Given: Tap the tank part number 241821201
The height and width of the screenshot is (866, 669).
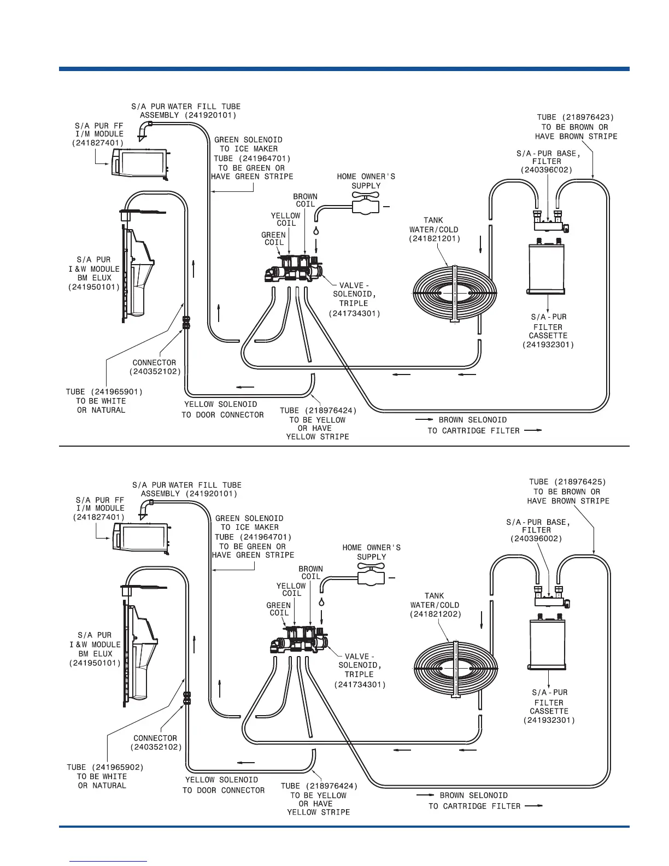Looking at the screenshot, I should click(x=435, y=239).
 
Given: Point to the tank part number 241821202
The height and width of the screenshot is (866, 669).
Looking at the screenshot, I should click(x=436, y=615).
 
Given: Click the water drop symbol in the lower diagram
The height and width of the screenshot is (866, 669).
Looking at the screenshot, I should click(x=321, y=601).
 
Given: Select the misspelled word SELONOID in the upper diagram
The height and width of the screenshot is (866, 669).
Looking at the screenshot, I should click(x=486, y=420).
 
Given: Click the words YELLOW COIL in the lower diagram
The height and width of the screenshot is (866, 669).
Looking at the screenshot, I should click(x=291, y=590).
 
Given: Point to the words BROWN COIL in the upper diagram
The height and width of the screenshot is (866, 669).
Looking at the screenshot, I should click(x=305, y=200).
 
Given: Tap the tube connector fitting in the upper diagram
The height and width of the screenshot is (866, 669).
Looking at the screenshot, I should click(x=186, y=321).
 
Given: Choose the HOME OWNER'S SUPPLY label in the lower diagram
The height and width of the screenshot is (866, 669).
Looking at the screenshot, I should click(x=371, y=552).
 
